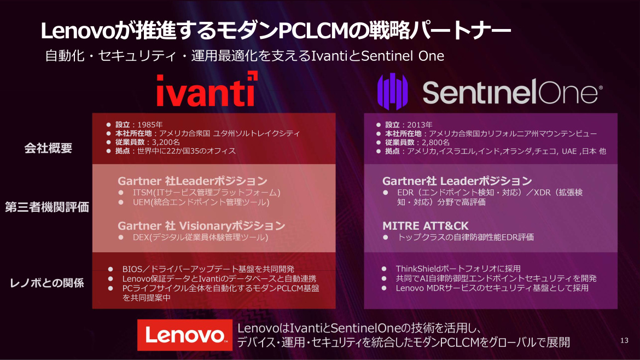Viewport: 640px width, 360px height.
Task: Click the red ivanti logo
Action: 207,89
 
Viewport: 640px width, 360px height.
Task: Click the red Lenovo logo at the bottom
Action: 184,335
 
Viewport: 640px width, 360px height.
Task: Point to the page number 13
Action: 624,340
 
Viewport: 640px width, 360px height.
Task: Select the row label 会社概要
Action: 48,148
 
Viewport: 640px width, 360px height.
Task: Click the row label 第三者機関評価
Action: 47,207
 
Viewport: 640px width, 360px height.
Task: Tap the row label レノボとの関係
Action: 47,283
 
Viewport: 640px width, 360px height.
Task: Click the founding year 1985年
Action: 150,125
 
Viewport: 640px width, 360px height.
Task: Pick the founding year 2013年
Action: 420,125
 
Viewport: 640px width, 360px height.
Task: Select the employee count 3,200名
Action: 166,142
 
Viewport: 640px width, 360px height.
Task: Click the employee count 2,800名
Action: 435,142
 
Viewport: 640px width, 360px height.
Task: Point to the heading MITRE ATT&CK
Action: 426,226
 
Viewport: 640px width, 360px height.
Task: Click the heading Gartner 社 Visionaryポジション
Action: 201,226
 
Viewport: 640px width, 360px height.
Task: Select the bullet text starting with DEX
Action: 200,237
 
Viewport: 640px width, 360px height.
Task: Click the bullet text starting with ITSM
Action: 207,192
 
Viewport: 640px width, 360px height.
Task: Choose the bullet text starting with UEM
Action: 201,202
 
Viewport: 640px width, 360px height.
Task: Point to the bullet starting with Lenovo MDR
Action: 492,288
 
